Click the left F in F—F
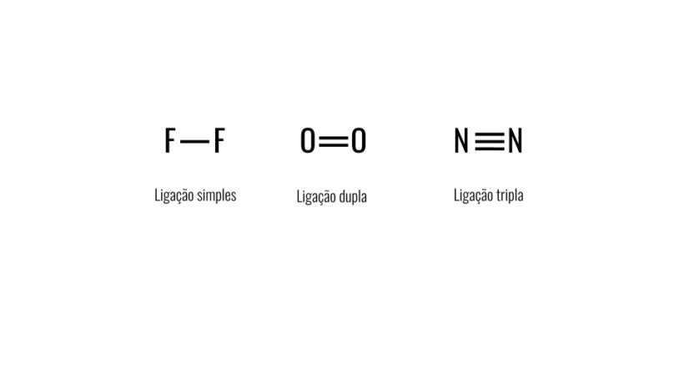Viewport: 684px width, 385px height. click(169, 141)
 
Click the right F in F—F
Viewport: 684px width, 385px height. click(219, 141)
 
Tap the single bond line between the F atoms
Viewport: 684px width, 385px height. click(194, 142)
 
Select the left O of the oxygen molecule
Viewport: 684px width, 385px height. click(308, 141)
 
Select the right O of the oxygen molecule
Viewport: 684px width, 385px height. click(359, 141)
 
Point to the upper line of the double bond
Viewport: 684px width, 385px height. click(334, 138)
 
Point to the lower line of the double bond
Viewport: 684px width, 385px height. click(334, 145)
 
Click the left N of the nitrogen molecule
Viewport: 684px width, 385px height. click(461, 141)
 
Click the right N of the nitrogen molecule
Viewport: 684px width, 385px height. click(515, 141)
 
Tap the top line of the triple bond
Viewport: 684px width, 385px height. click(489, 134)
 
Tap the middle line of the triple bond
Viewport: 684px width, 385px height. click(489, 141)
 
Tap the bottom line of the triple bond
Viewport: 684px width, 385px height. click(489, 148)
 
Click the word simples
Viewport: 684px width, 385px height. click(217, 195)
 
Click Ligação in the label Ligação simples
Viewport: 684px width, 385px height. click(174, 195)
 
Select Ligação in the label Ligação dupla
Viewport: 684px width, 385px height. click(315, 197)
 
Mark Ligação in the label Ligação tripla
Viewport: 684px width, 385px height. click(472, 195)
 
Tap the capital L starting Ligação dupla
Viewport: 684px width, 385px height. click(299, 196)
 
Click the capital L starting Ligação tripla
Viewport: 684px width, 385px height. click(456, 195)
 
